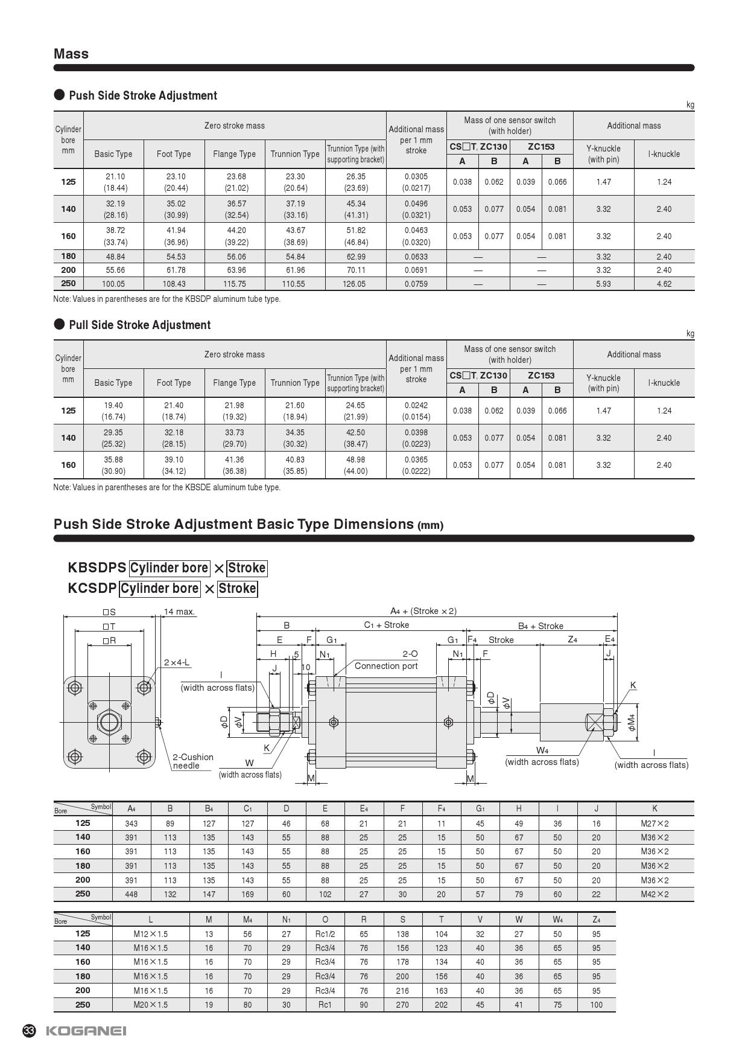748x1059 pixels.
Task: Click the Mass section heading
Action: coord(71,54)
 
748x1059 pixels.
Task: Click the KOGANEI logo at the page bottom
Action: coord(86,1031)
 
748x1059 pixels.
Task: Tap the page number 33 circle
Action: coord(29,1031)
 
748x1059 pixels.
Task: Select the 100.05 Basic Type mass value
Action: coord(113,284)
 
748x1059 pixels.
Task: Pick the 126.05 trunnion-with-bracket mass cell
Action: coord(355,284)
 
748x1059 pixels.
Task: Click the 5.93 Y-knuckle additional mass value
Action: coord(603,284)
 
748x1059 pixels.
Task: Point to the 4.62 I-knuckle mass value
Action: coord(664,284)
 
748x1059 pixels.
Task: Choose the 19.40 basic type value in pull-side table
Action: coord(113,406)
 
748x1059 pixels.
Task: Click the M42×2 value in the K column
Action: coord(654,894)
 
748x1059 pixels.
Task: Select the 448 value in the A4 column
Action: coord(132,894)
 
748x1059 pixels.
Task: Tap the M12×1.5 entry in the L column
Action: coord(151,934)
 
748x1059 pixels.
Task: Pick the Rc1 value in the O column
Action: coord(325,1005)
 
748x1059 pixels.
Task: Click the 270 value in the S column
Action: coord(402,1005)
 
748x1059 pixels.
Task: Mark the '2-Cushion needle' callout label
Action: coord(193,761)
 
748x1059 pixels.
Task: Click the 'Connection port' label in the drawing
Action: coord(386,666)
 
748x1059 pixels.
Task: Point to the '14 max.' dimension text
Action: coord(180,612)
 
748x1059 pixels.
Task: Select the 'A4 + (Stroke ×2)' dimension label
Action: coord(423,611)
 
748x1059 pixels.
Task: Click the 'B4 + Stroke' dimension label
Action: coord(540,626)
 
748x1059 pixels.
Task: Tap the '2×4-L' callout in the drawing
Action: coord(177,662)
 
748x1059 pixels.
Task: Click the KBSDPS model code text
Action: coord(97,568)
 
